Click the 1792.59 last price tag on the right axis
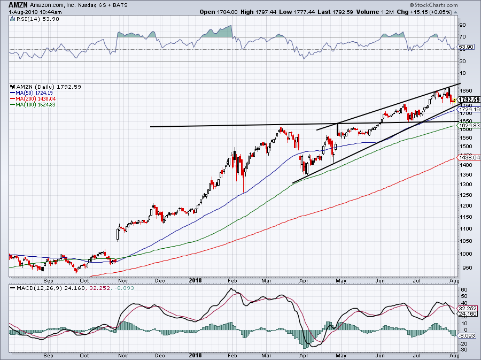click(469, 99)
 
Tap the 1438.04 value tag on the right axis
click(469, 158)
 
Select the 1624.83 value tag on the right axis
click(469, 125)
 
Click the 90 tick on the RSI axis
click(463, 25)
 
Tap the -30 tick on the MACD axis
click(464, 350)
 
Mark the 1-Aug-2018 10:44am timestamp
click(25, 12)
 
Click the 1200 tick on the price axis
click(466, 206)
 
